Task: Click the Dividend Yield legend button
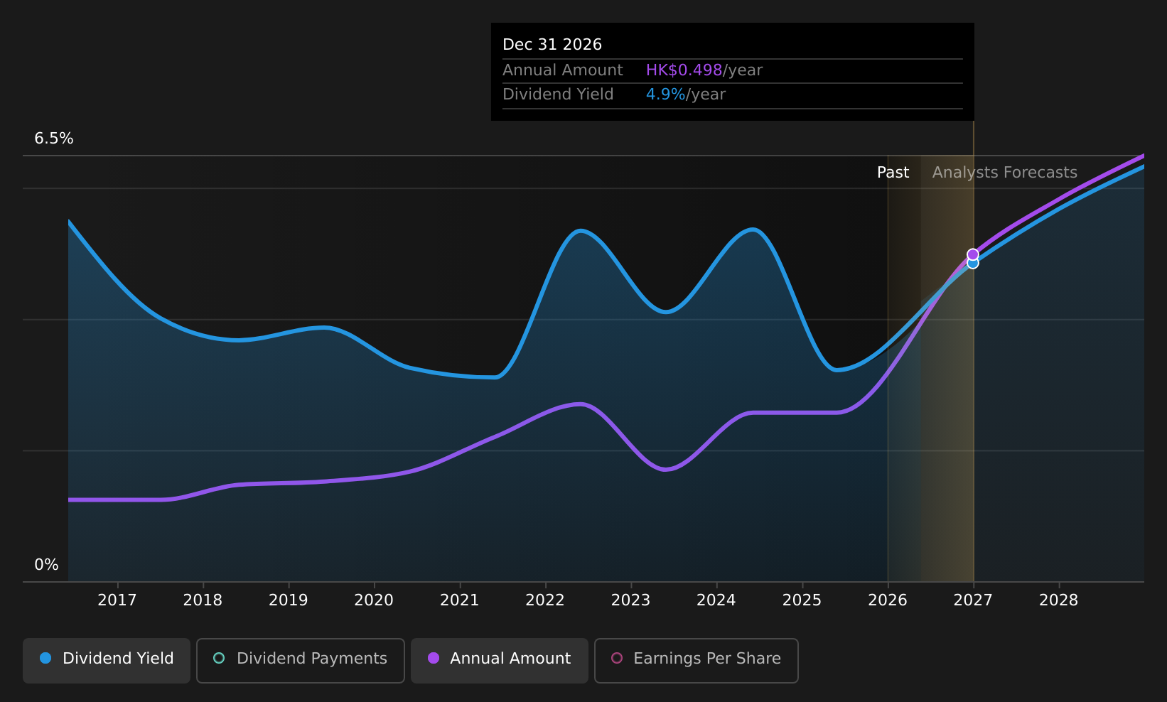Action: click(107, 660)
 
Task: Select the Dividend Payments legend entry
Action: click(300, 660)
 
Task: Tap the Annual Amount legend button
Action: click(499, 660)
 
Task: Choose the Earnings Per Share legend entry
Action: click(696, 660)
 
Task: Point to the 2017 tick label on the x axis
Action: click(117, 600)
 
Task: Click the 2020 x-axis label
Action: click(374, 600)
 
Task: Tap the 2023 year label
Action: click(631, 600)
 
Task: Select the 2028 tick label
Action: click(1059, 600)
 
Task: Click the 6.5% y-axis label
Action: click(54, 139)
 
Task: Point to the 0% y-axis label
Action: click(46, 565)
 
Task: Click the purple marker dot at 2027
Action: click(973, 254)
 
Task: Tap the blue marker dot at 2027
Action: click(973, 264)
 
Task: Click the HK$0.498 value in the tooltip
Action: click(684, 70)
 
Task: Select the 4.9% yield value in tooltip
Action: click(666, 94)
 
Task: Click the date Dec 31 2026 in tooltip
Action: click(552, 45)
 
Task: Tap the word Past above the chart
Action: click(893, 173)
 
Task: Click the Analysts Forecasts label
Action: click(1004, 173)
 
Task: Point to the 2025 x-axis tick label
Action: click(802, 600)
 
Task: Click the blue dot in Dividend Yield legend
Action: click(46, 658)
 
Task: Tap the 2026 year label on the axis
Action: click(888, 600)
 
